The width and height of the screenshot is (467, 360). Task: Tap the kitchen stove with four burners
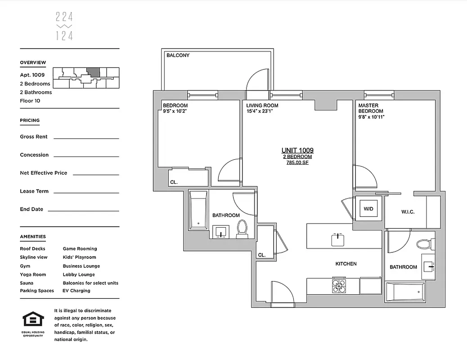[339, 286]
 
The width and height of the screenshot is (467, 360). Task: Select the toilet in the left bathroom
[242, 228]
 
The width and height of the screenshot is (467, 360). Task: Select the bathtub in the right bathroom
[405, 292]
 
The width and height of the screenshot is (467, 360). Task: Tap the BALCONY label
[178, 55]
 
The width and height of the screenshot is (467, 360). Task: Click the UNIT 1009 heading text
[297, 150]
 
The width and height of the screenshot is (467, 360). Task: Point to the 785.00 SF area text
[297, 163]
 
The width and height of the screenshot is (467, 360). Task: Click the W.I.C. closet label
[408, 212]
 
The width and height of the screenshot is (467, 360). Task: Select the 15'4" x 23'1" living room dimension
[262, 112]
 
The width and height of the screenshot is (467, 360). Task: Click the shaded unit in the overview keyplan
[93, 72]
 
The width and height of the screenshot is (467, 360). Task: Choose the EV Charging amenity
[76, 291]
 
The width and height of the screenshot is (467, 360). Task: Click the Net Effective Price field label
[43, 173]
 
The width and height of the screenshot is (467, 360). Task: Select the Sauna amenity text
[27, 283]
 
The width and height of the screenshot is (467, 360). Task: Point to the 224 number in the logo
[64, 18]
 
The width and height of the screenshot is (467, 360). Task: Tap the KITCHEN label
[346, 264]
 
